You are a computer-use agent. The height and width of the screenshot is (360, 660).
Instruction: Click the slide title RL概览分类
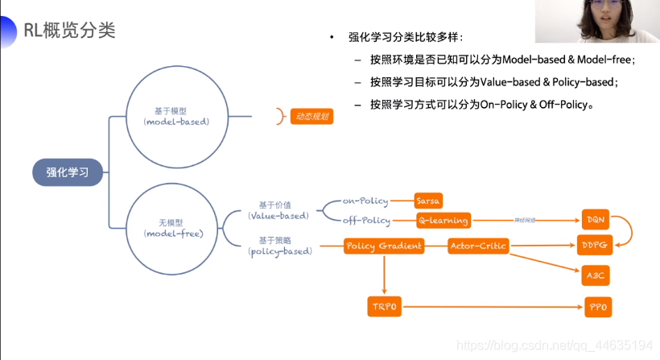[x=69, y=31]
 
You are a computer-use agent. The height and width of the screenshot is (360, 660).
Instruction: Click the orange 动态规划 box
[x=311, y=116]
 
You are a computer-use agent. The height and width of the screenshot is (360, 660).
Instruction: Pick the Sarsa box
[x=427, y=201]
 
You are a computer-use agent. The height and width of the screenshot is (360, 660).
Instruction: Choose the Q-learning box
[x=443, y=220]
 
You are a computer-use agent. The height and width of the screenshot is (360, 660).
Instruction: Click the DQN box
[x=596, y=219]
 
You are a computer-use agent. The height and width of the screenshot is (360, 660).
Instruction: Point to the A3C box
[x=596, y=275]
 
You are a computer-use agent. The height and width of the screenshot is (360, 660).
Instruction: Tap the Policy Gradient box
[x=384, y=246]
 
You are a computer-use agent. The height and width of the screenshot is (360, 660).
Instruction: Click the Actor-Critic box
[x=478, y=246]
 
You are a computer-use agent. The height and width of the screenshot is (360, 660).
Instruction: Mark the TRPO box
[x=385, y=306]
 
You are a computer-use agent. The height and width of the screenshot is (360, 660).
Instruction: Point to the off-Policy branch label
[x=366, y=220]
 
